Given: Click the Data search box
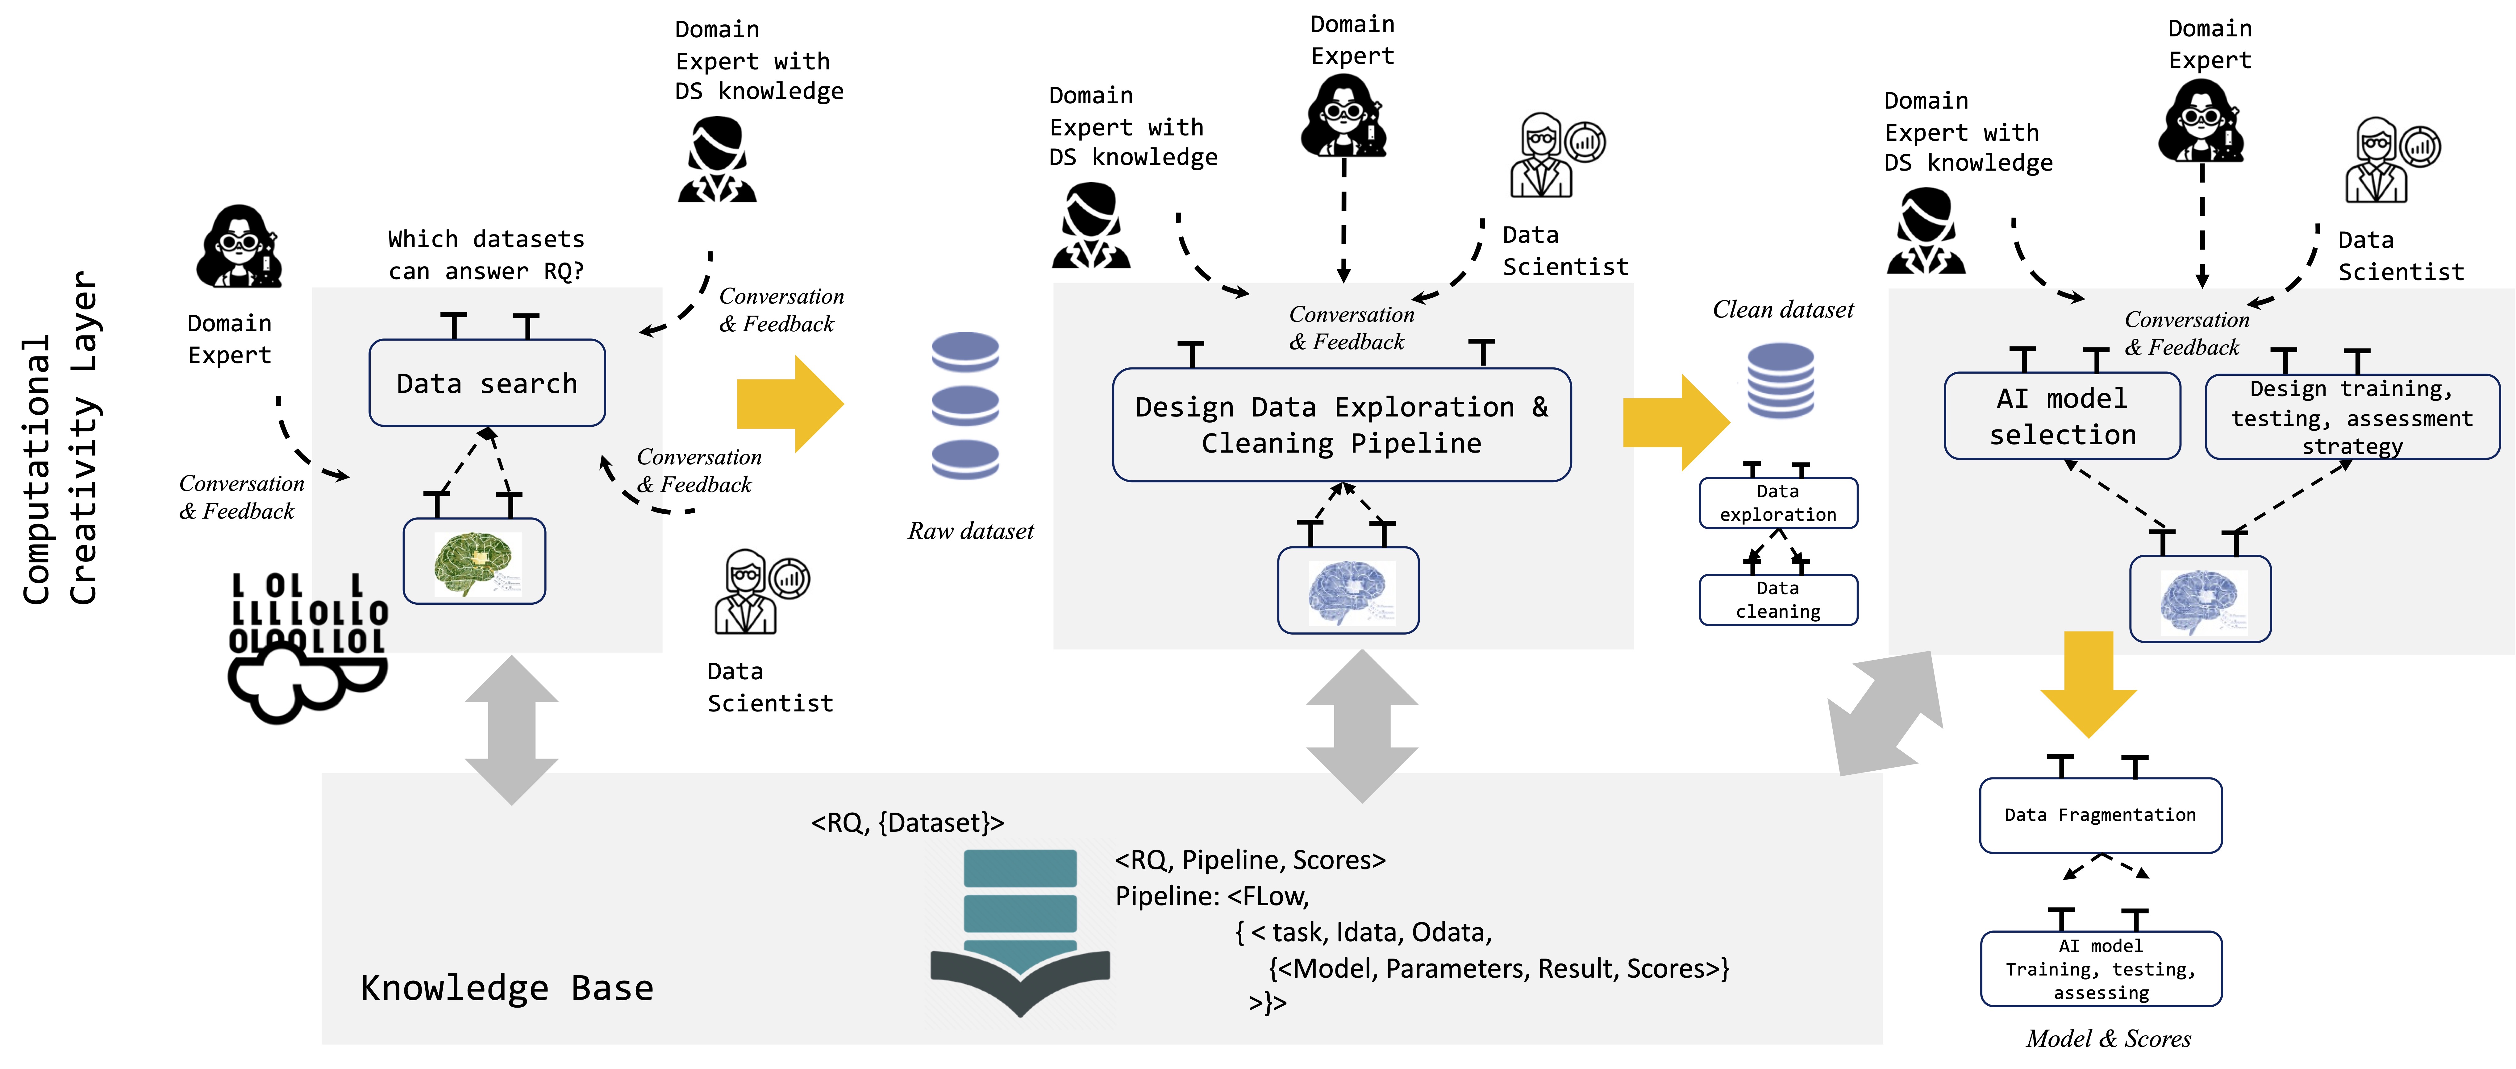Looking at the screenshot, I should click(x=486, y=383).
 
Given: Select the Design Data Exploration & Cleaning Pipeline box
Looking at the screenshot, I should click(x=1341, y=425).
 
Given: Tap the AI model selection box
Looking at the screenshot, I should click(x=2062, y=416).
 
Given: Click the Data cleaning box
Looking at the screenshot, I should click(x=1778, y=599).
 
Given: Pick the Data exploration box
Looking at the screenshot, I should click(x=1778, y=503).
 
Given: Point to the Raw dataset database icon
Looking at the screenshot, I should click(x=965, y=405).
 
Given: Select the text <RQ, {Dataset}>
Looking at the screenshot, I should click(x=907, y=823).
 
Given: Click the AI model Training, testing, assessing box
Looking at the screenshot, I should click(x=2100, y=968).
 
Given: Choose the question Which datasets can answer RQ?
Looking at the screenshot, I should click(x=486, y=255).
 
